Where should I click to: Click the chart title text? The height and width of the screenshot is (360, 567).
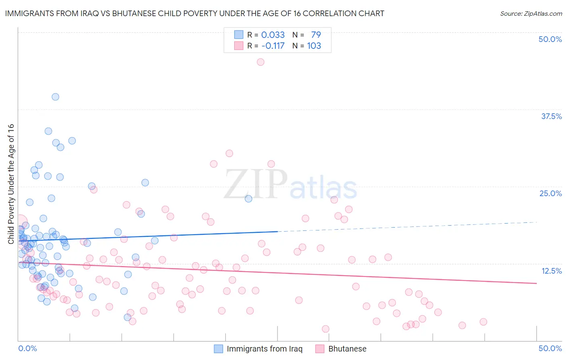(x=194, y=13)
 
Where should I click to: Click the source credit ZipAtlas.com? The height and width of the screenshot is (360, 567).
(x=531, y=13)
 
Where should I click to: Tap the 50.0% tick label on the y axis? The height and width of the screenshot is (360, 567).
(x=550, y=39)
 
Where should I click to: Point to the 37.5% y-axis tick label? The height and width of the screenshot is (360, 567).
(x=551, y=116)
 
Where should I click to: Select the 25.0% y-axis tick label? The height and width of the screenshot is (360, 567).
(x=550, y=193)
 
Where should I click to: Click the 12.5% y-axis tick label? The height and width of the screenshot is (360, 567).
(x=551, y=271)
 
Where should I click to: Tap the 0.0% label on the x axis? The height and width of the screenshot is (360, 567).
(x=27, y=348)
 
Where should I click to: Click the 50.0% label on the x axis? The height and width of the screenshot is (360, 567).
(x=550, y=348)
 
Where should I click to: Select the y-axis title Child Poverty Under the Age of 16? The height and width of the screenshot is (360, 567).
(x=11, y=184)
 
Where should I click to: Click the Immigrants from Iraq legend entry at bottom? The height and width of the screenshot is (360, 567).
(x=264, y=349)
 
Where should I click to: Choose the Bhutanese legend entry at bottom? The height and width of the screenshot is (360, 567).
(x=347, y=349)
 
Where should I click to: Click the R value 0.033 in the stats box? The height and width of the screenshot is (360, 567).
(x=273, y=35)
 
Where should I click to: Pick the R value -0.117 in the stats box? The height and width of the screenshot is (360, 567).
(x=273, y=46)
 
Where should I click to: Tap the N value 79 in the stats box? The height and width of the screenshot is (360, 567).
(x=316, y=35)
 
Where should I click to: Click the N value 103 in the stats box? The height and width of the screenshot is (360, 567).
(x=314, y=46)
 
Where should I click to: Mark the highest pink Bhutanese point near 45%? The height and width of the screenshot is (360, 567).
(x=261, y=62)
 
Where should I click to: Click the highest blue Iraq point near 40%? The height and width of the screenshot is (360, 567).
(x=55, y=97)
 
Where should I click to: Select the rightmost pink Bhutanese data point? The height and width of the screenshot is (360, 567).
(x=483, y=322)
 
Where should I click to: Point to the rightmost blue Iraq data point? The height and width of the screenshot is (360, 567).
(x=248, y=199)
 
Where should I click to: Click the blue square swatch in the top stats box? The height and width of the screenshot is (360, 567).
(x=239, y=35)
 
